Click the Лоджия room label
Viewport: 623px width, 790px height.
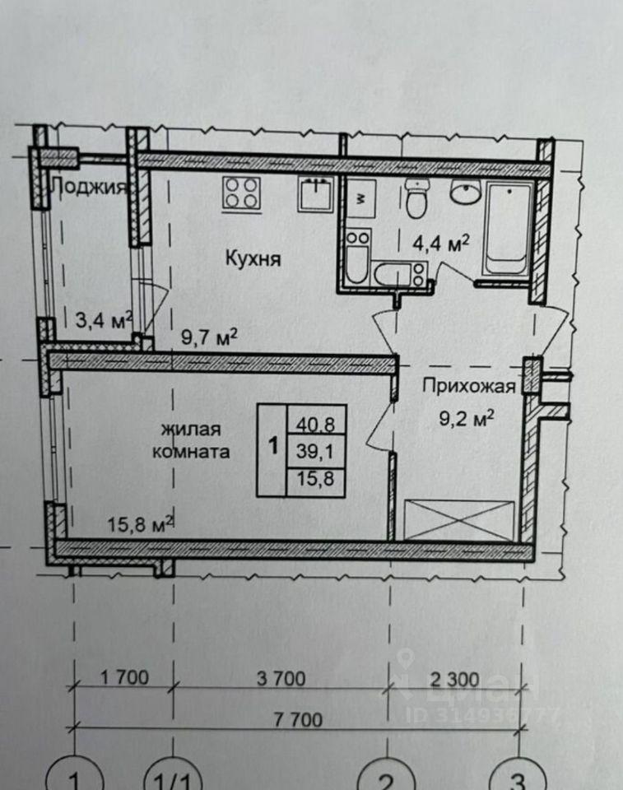[89, 188]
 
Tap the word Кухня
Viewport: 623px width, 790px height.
[253, 259]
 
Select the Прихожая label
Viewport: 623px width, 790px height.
[469, 386]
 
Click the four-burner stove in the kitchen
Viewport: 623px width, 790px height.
[241, 194]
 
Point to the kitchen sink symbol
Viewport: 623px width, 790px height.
[315, 194]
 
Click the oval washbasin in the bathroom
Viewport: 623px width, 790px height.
[466, 192]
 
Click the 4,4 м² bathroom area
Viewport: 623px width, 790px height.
[441, 244]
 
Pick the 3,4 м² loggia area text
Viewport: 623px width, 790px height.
[104, 320]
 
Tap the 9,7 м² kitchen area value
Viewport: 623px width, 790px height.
[209, 337]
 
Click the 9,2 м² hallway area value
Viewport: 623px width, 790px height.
[466, 418]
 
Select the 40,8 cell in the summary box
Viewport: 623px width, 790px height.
[315, 425]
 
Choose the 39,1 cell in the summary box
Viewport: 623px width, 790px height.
[315, 452]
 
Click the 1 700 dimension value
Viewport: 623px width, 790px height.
[124, 677]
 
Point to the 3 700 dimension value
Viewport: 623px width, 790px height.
[281, 679]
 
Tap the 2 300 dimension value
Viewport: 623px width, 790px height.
[454, 680]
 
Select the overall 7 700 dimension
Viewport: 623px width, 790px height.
[299, 719]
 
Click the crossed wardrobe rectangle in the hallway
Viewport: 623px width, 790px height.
[459, 520]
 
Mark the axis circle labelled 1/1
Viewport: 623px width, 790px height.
[173, 775]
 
